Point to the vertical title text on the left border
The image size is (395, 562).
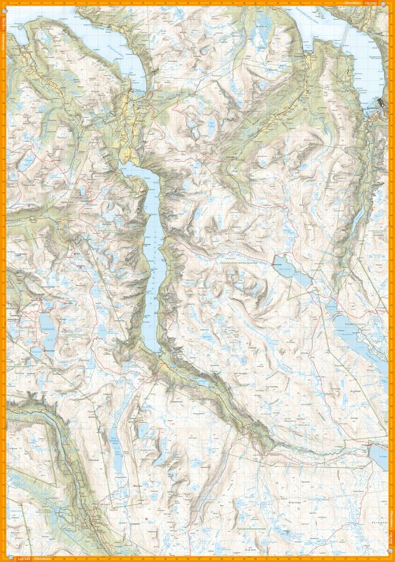3,28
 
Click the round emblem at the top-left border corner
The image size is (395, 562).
4,4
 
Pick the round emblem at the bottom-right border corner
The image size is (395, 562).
391,558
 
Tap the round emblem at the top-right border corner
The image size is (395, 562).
391,4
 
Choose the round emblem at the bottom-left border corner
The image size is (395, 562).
4,558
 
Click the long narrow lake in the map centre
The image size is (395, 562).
153,246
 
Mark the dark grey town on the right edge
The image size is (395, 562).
380,105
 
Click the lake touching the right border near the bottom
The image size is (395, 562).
378,455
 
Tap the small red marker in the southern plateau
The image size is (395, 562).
145,519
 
